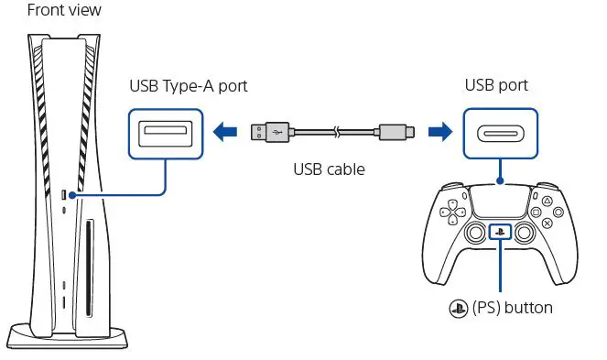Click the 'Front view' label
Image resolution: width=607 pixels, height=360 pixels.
pos(52,11)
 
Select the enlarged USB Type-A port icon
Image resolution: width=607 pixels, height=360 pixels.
pos(164,134)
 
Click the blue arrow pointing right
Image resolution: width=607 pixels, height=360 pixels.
pos(442,134)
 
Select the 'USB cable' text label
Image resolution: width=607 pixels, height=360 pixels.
pos(329,169)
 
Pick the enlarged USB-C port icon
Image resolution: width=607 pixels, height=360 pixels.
pos(500,134)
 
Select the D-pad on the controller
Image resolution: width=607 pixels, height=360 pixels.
pos(450,214)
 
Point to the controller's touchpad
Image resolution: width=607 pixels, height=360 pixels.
pos(499,203)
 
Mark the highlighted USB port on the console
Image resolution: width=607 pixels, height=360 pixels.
pos(63,195)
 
